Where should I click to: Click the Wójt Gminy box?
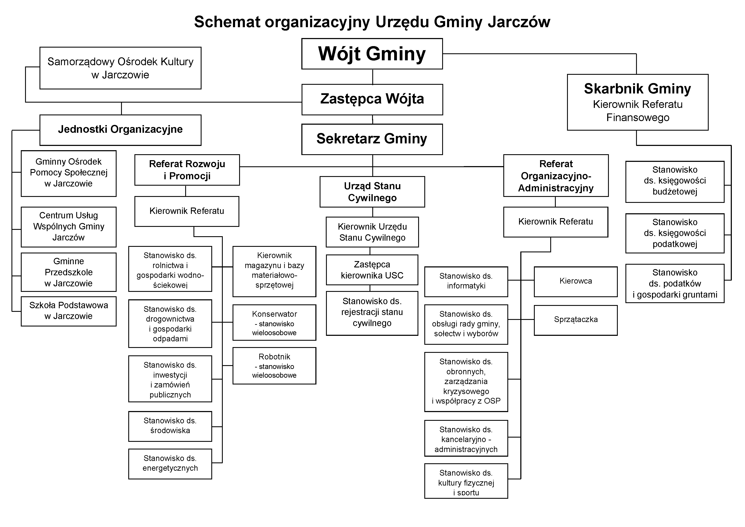372,54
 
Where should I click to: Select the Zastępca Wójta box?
372,99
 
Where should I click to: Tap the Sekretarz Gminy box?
372,139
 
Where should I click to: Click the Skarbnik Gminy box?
637,102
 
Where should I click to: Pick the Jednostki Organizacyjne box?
120,130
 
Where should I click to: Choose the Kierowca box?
575,281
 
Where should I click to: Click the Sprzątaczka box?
575,320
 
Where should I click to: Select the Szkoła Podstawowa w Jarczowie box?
68,311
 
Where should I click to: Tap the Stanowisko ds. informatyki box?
466,281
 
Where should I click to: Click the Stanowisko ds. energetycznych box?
170,464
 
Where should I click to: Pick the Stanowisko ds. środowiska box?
170,426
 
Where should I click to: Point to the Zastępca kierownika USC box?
372,270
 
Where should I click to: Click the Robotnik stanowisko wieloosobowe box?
274,366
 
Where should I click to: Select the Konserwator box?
274,322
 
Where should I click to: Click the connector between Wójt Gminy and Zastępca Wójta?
372,77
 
